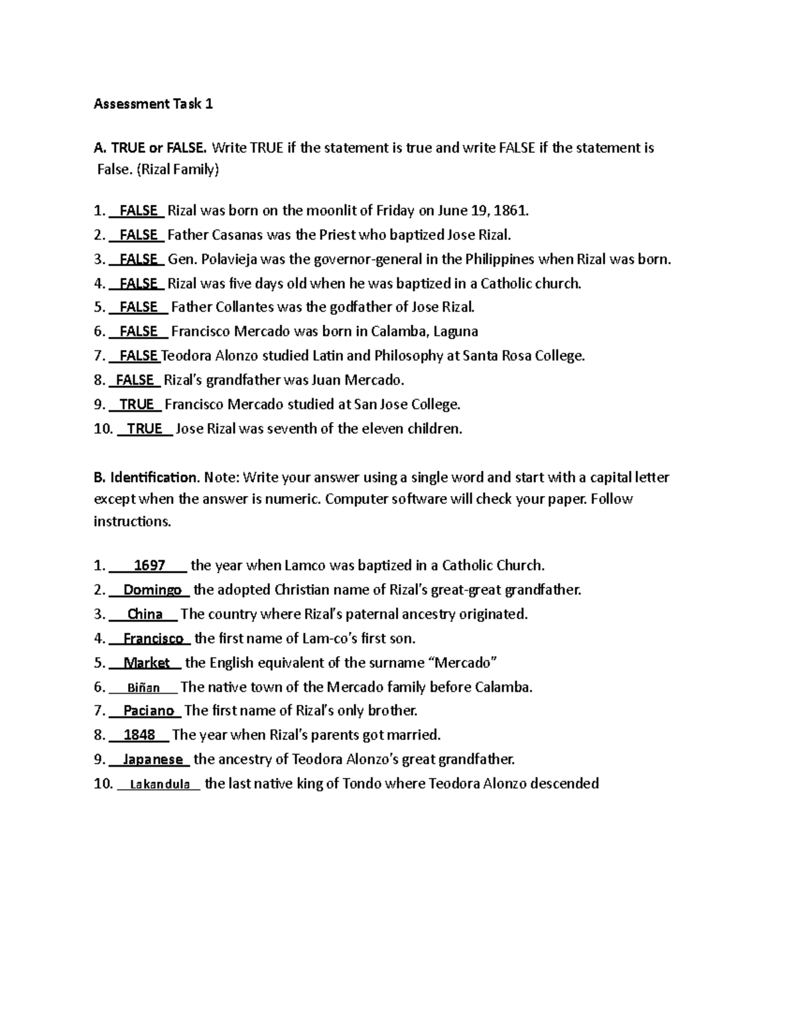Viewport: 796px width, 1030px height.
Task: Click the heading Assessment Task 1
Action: pyautogui.click(x=153, y=104)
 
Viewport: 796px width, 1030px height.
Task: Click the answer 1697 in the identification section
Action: pyautogui.click(x=149, y=566)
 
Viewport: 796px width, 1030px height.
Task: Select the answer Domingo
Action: pyautogui.click(x=153, y=590)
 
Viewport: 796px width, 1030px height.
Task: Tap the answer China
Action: pyautogui.click(x=145, y=614)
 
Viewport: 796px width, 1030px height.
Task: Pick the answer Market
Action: pyautogui.click(x=147, y=663)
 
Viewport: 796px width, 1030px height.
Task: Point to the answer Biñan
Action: pyautogui.click(x=143, y=688)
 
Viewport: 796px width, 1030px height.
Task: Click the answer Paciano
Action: pyautogui.click(x=149, y=711)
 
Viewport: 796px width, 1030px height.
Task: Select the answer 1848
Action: pyautogui.click(x=140, y=735)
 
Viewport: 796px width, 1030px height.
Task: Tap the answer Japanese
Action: pyautogui.click(x=153, y=759)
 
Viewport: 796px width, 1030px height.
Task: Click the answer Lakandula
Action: pyautogui.click(x=160, y=785)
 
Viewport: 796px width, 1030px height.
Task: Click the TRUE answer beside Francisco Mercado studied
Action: pyautogui.click(x=137, y=405)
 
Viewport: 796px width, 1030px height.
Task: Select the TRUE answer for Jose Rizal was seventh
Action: pyautogui.click(x=145, y=429)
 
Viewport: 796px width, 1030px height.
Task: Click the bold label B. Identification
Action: pyautogui.click(x=146, y=478)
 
